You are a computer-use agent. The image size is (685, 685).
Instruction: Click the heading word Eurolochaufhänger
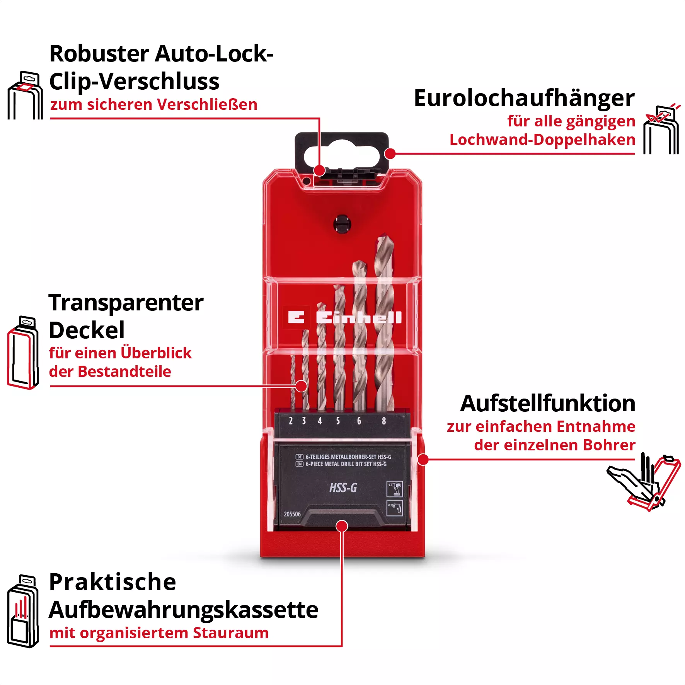tap(524, 99)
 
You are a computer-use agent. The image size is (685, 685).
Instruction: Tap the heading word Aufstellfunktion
tap(547, 404)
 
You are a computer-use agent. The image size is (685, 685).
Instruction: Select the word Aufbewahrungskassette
tap(184, 610)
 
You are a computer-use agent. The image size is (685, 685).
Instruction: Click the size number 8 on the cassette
tap(383, 421)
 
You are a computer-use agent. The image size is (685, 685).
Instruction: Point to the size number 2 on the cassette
tap(291, 421)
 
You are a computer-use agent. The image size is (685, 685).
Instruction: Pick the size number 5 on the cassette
tap(338, 421)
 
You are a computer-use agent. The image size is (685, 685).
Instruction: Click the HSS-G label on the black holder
tap(343, 488)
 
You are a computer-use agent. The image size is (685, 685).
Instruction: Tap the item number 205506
tap(292, 514)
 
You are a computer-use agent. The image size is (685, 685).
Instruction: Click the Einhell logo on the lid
tap(344, 317)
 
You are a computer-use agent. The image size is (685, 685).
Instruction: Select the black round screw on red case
tap(342, 224)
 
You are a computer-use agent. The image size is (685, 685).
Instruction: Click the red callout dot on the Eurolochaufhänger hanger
tap(390, 153)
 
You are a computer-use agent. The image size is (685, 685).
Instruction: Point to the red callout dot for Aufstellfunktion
tap(423, 460)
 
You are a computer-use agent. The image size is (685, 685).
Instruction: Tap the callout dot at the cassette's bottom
tap(342, 526)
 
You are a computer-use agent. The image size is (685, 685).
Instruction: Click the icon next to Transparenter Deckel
tap(23, 352)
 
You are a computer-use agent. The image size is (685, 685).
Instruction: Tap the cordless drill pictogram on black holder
tap(395, 489)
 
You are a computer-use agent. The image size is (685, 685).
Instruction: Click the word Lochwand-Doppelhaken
tap(542, 140)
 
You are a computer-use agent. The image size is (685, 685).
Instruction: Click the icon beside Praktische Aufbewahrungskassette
tap(23, 611)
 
